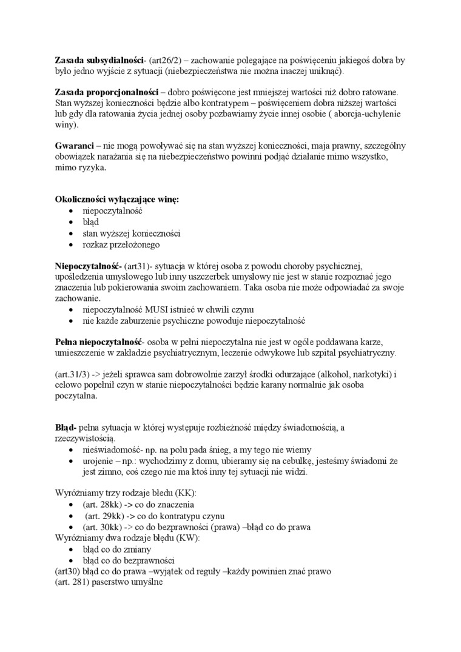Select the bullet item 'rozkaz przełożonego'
click(x=122, y=244)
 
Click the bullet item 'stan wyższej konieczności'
click(x=132, y=233)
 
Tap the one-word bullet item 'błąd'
click(x=91, y=222)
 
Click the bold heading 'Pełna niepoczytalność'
click(x=98, y=341)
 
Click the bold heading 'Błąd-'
click(x=66, y=427)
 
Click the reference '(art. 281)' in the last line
click(x=73, y=583)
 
